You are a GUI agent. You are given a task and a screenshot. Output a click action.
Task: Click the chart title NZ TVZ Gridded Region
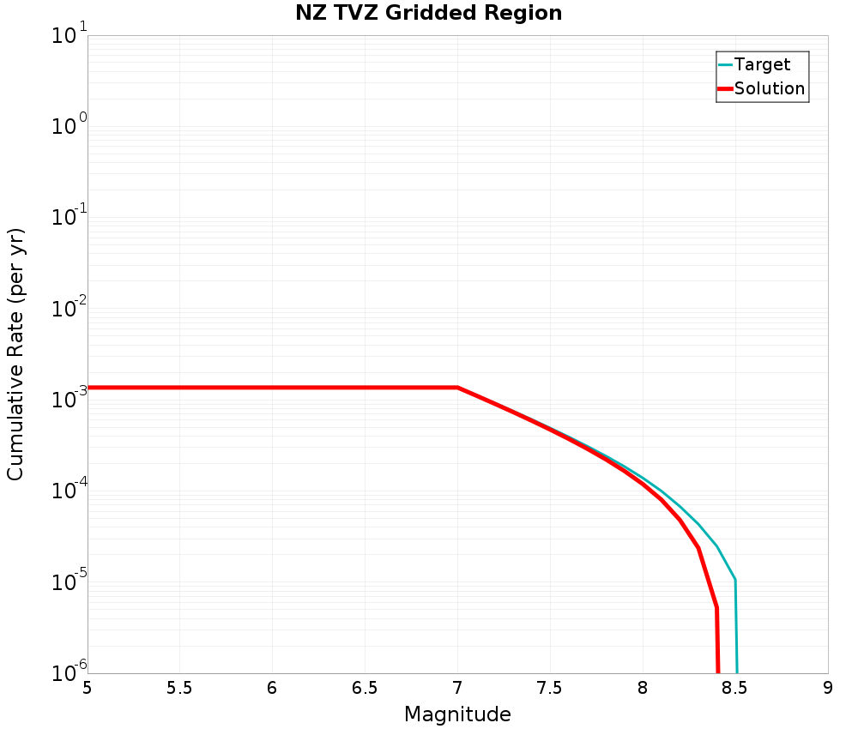click(428, 14)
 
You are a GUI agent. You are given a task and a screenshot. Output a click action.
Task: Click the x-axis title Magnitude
click(457, 714)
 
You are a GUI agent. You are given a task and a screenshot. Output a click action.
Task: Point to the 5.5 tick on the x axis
click(179, 688)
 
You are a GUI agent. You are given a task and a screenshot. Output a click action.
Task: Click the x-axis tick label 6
click(272, 688)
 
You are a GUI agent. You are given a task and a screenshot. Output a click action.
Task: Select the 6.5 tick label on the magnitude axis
click(365, 688)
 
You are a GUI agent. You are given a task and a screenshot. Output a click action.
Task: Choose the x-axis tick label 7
click(457, 688)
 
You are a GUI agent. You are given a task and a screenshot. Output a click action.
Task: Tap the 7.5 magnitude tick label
click(550, 688)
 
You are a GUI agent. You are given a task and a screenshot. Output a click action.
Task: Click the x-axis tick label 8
click(643, 688)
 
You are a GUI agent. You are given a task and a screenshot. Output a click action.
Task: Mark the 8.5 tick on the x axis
click(735, 688)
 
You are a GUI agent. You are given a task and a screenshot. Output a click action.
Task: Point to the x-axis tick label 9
click(828, 688)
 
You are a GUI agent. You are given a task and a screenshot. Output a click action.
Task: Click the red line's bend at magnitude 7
click(457, 388)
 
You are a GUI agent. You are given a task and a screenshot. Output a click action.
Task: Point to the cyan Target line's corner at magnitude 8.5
click(735, 580)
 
